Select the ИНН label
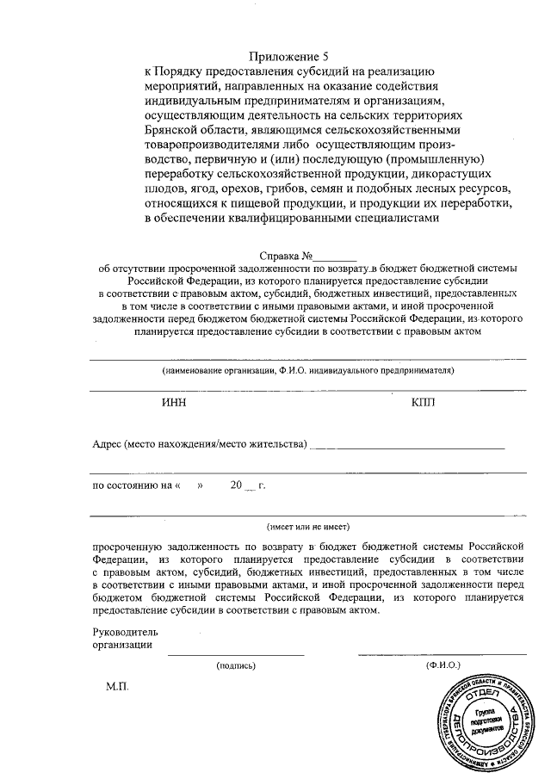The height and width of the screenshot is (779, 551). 173,403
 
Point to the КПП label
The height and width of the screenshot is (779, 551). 424,403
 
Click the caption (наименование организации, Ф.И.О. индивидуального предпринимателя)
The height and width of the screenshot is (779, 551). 307,371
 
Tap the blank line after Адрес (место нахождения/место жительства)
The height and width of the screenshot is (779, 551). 406,445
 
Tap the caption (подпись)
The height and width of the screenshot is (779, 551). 237,665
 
